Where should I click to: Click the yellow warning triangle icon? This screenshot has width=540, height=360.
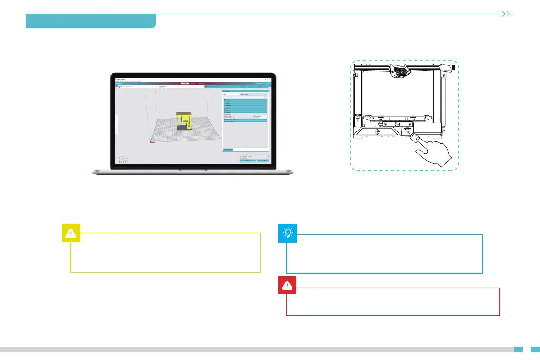click(x=71, y=233)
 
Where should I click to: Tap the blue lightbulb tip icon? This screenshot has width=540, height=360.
click(x=287, y=233)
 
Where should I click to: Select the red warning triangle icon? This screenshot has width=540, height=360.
click(x=287, y=285)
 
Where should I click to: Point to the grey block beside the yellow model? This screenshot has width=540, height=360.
click(x=181, y=128)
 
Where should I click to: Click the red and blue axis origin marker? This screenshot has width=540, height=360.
click(x=151, y=141)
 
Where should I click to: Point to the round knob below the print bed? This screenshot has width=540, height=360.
click(x=397, y=123)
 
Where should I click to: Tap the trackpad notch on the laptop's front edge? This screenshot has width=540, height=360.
click(x=193, y=170)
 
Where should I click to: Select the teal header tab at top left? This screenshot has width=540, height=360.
click(x=91, y=21)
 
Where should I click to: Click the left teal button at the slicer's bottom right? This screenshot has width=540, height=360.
click(x=247, y=160)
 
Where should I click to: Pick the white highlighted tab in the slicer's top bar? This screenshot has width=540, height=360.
click(x=185, y=83)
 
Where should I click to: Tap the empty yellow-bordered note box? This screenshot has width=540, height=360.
click(x=165, y=253)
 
